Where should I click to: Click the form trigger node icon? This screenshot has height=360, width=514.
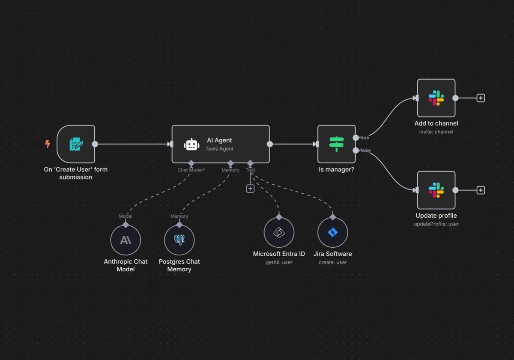point(76,144)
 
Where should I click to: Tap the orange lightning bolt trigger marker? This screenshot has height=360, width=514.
point(48,144)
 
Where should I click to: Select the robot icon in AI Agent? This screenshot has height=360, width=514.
point(191,144)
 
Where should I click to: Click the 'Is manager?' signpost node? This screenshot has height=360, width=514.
point(336,144)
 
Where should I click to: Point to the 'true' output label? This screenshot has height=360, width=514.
point(364,138)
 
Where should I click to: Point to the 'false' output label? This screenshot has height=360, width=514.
point(365,150)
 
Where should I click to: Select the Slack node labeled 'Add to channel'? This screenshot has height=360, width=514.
point(436,98)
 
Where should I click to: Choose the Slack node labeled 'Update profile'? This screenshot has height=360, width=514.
point(436,190)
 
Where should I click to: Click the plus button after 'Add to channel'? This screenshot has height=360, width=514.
point(481,98)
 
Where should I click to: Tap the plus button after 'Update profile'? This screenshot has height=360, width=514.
point(481,190)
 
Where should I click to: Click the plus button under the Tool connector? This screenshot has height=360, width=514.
point(250,189)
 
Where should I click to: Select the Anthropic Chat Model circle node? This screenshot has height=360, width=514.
point(126,240)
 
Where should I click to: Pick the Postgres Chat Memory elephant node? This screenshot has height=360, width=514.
point(179,240)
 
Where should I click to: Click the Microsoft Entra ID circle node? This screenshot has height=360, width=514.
point(279,233)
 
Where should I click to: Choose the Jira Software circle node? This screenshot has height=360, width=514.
point(332,233)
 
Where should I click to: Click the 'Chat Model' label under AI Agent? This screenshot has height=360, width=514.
point(190,170)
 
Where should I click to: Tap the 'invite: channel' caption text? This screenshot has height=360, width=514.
point(436,132)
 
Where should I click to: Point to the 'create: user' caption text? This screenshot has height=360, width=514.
point(332,262)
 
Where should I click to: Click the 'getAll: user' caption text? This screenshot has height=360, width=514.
point(279,262)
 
